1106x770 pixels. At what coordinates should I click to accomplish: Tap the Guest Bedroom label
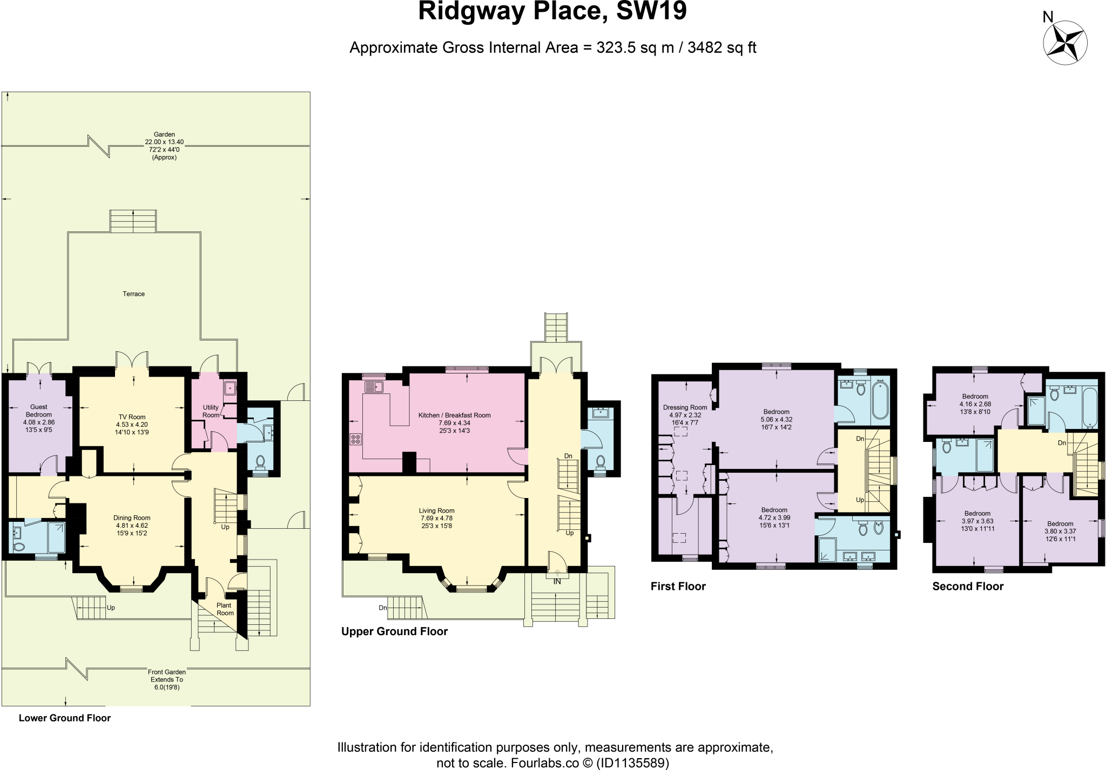[39, 411]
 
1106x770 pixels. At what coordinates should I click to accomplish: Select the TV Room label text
[132, 417]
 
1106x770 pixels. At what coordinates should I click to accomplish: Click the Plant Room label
[225, 609]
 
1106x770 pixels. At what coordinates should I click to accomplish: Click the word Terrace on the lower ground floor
[133, 294]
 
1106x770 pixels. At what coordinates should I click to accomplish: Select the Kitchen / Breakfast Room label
[454, 415]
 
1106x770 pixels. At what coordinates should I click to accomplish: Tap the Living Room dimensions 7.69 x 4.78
[437, 518]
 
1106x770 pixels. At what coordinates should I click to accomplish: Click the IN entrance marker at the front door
[557, 582]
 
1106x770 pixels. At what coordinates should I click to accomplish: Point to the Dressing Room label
[685, 407]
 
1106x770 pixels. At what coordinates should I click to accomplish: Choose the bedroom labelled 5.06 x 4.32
[776, 419]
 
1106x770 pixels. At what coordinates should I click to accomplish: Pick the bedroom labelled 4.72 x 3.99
[774, 517]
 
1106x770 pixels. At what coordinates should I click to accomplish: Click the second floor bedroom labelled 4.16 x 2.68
[975, 404]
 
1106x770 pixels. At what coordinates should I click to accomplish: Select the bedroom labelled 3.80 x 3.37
[1060, 531]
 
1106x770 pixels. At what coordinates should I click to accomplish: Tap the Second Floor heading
[968, 587]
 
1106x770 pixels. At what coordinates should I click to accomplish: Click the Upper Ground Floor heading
[394, 631]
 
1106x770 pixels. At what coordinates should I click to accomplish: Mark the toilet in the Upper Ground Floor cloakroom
[600, 461]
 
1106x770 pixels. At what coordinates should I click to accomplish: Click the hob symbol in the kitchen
[356, 439]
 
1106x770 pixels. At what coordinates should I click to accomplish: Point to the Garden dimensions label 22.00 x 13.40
[165, 142]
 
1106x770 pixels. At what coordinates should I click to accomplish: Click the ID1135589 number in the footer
[633, 763]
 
